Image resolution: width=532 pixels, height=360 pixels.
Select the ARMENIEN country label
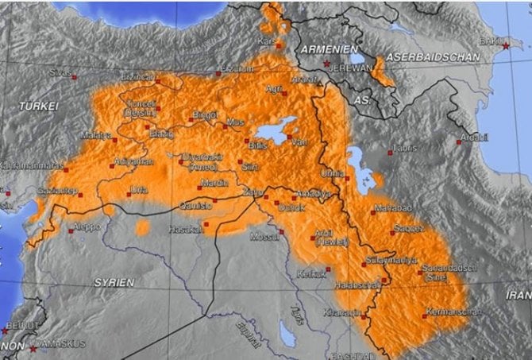point(326,48)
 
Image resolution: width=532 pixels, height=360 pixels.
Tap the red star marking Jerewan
point(326,63)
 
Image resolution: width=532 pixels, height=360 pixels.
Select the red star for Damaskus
point(33,347)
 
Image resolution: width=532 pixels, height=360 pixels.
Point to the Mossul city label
point(264,237)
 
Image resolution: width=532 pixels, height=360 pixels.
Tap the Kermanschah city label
point(451,312)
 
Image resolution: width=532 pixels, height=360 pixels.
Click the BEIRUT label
point(17,326)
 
